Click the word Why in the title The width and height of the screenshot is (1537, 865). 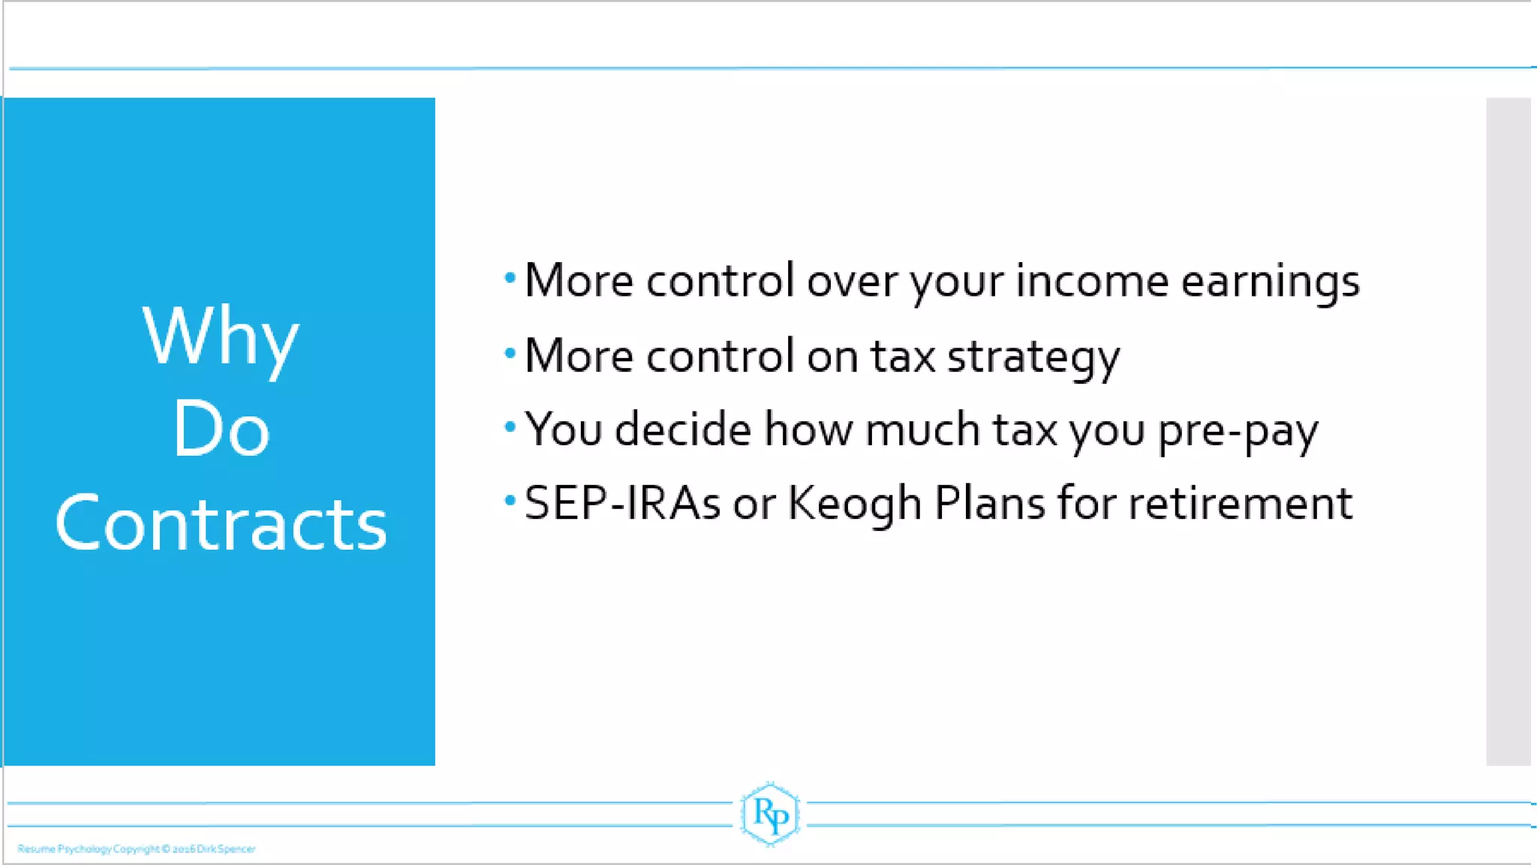coord(221,337)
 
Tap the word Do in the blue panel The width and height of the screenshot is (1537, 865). coord(221,429)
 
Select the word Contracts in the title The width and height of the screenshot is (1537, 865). coord(221,523)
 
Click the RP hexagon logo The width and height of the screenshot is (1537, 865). coord(770,814)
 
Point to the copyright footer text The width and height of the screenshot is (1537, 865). coord(137,849)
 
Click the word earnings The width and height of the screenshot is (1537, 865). coord(1270,282)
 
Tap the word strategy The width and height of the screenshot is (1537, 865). coord(1033,357)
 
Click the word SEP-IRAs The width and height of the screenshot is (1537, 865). coord(622,503)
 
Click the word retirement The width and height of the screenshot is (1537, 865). coord(1241,503)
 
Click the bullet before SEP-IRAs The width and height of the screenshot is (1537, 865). coord(510,500)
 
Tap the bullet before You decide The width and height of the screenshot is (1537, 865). coord(510,426)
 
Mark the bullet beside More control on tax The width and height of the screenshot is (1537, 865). coord(510,352)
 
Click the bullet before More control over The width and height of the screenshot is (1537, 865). coord(510,279)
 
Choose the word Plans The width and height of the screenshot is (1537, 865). coord(989,503)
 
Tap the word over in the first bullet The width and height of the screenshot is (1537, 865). coord(852,281)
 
